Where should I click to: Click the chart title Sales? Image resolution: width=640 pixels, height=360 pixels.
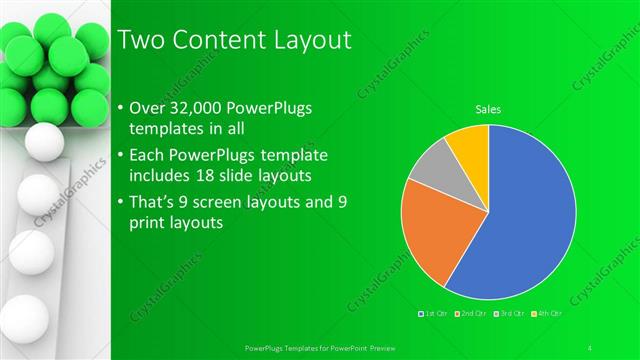(488, 110)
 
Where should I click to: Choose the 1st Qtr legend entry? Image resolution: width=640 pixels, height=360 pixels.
(435, 314)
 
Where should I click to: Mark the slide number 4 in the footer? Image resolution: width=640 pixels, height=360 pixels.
(590, 347)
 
